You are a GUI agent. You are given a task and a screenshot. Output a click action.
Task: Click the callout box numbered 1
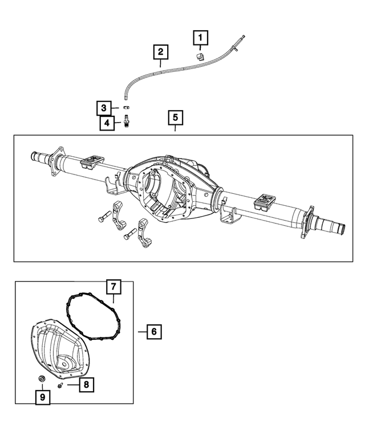200,38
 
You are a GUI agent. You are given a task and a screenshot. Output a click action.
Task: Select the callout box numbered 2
161,52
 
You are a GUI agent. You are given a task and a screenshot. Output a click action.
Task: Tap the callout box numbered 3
104,107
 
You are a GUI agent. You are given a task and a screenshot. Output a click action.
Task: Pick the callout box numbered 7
113,285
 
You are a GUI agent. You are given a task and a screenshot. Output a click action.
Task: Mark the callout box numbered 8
84,385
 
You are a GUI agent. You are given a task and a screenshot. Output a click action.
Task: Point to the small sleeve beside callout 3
127,107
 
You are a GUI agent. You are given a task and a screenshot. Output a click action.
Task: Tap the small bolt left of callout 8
60,385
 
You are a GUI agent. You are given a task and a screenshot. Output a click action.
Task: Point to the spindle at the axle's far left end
35,155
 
